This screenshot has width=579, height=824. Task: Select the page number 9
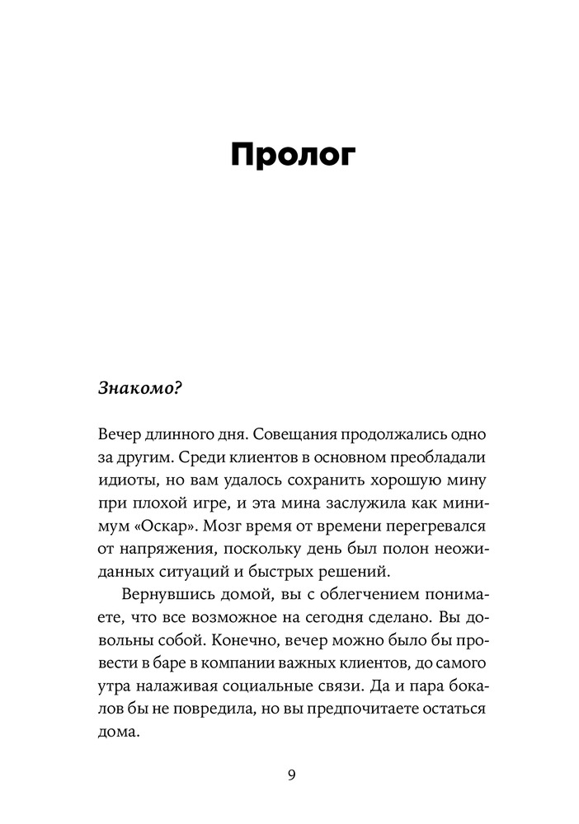(290, 774)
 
